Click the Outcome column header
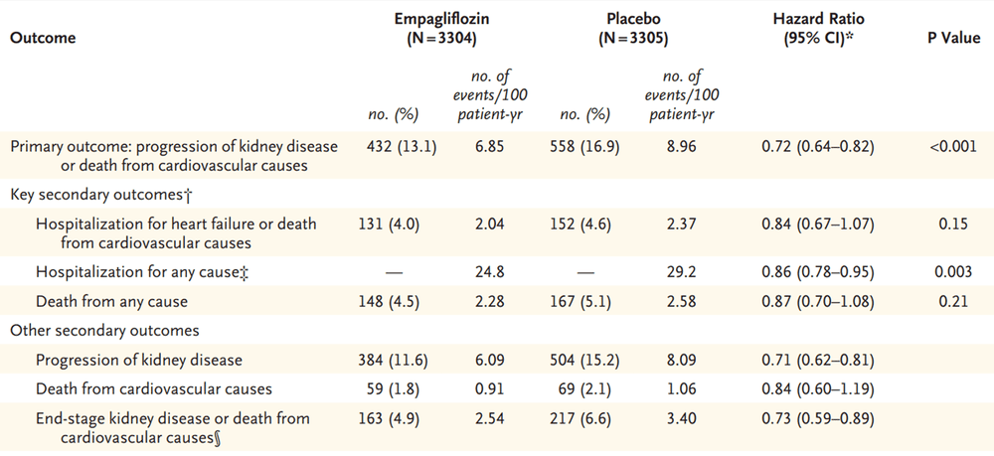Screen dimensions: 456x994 click(43, 38)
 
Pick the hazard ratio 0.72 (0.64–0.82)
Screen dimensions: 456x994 click(817, 147)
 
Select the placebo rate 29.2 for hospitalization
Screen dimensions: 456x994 click(678, 271)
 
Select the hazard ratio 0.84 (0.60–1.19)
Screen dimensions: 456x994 click(817, 390)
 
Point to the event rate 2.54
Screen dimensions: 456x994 click(484, 420)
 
